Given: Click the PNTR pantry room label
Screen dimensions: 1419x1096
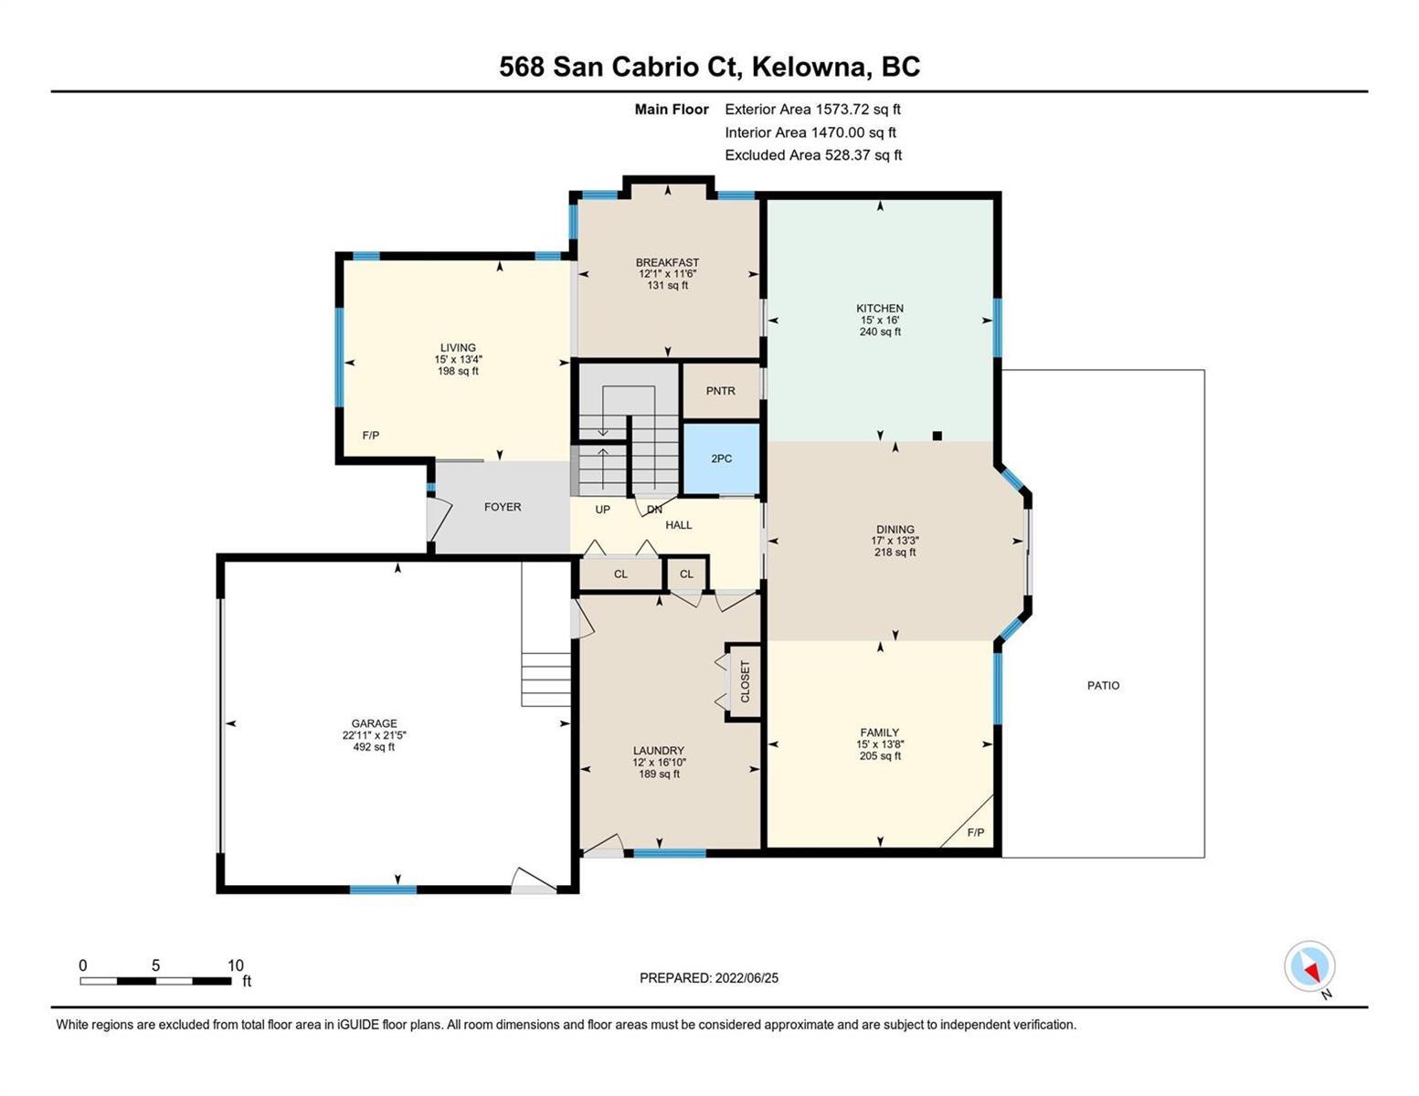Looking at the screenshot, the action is click(720, 390).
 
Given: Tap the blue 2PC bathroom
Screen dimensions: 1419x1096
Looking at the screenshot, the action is click(721, 458).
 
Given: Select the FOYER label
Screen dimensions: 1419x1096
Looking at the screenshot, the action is click(503, 507).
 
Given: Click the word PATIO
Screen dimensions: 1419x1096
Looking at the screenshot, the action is click(1103, 685).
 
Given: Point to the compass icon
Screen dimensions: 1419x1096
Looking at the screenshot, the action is click(1309, 966).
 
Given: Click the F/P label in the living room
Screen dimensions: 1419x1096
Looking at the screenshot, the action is click(370, 436).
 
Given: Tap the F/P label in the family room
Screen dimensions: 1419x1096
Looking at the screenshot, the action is click(975, 832).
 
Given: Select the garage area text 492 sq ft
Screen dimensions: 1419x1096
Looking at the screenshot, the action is click(374, 747).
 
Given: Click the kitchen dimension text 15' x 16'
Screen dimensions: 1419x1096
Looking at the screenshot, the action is click(880, 320).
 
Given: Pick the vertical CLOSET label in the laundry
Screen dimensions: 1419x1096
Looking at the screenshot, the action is click(745, 681).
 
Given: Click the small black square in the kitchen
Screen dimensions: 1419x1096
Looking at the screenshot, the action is click(937, 436).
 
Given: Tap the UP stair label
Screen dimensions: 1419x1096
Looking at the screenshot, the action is click(602, 509).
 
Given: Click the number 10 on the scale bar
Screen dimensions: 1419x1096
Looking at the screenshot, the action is click(235, 965).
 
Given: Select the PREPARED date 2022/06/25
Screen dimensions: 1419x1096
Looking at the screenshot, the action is click(747, 978).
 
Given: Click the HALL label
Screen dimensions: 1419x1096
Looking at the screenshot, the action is click(679, 525).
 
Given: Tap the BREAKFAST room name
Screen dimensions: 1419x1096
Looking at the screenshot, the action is click(667, 262).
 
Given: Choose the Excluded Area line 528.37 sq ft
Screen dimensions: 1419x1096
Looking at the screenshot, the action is click(813, 155).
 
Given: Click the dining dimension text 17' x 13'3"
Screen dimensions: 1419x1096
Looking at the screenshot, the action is click(895, 541).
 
